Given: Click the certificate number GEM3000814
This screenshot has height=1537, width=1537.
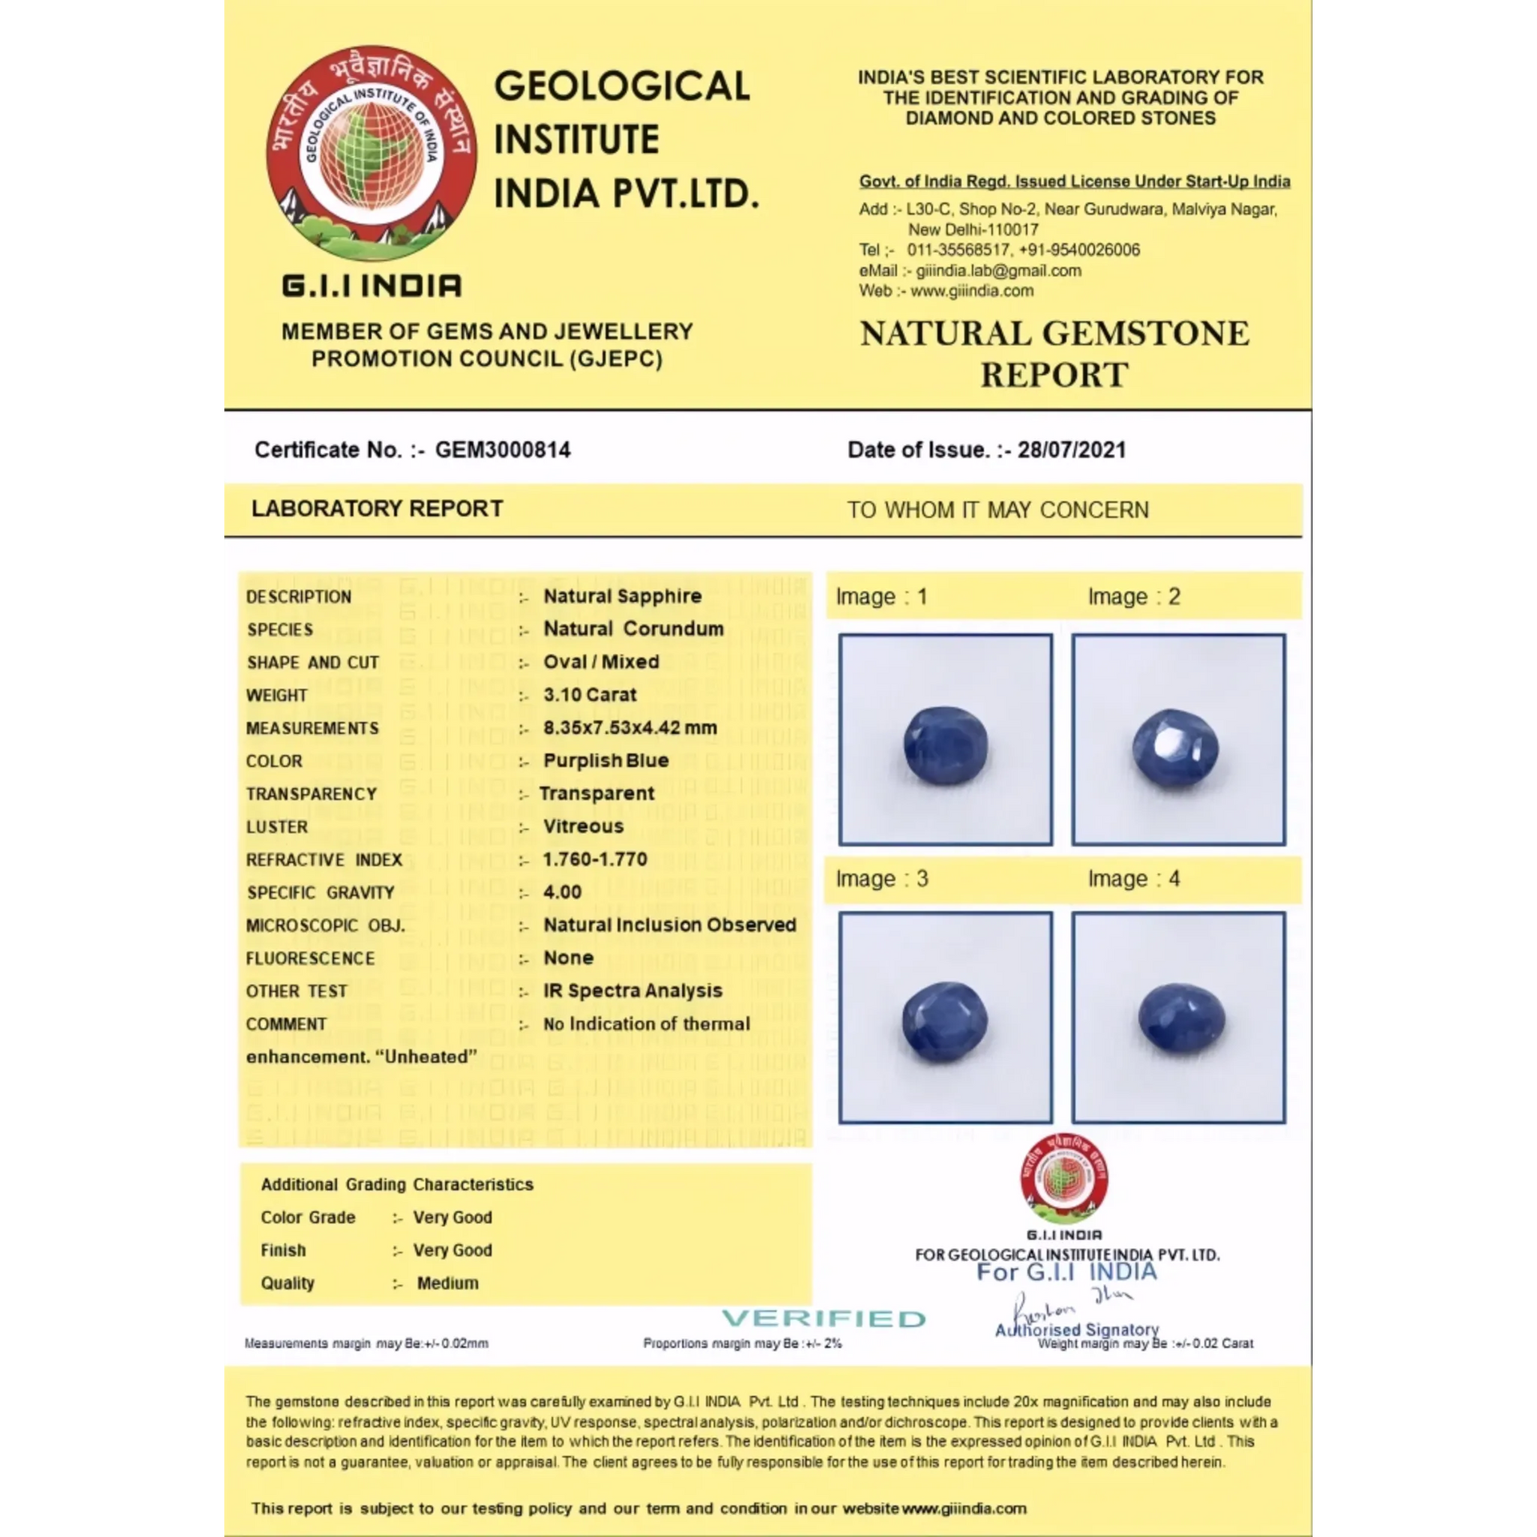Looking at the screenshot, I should click(502, 450).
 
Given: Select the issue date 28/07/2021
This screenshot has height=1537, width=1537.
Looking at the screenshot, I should click(1071, 450).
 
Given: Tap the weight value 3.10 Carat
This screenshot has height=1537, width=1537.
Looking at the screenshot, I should click(590, 695).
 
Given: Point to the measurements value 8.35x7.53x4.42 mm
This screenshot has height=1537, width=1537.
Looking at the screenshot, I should click(630, 728).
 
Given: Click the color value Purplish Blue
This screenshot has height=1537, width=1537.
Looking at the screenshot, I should click(606, 760).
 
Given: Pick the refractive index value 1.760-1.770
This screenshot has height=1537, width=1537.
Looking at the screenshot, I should click(595, 859).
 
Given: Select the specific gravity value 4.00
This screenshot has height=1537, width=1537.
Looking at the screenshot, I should click(562, 892).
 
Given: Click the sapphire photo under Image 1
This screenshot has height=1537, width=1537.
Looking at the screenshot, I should click(945, 744).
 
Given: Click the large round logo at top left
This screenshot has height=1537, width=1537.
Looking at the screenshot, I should click(371, 153).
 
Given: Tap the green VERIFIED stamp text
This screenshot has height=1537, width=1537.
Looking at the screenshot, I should click(824, 1318).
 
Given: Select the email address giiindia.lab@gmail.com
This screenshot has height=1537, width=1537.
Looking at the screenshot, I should click(998, 271).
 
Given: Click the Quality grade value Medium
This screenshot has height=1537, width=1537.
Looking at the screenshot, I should click(447, 1283).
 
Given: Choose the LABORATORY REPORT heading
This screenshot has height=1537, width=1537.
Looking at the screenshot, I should click(377, 509).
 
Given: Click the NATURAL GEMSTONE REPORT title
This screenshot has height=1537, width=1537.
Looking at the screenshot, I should click(1054, 354).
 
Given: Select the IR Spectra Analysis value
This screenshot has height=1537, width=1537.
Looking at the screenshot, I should click(632, 990).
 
